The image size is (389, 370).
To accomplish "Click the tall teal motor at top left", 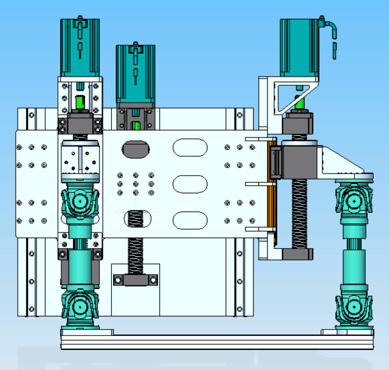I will pos(80,47).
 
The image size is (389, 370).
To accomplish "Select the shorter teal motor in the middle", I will pos(136,73).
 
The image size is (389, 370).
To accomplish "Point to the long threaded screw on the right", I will pos(300,213).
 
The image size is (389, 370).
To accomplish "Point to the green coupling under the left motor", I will pos(79,101).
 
